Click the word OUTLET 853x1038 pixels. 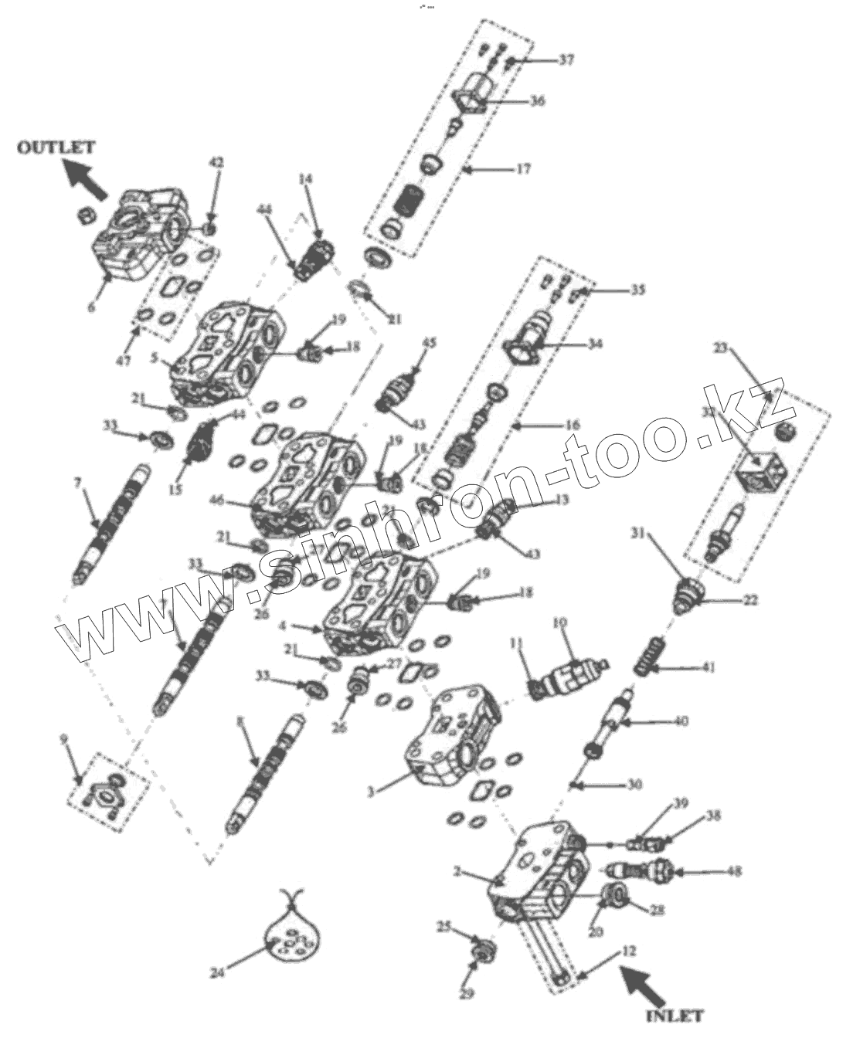(x=56, y=147)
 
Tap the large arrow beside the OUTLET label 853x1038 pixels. (x=86, y=178)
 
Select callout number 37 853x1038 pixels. (x=566, y=59)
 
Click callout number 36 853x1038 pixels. (x=535, y=100)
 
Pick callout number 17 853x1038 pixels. (x=523, y=168)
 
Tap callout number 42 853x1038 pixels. (x=217, y=163)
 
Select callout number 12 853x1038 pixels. (x=628, y=951)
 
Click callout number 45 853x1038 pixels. (x=429, y=343)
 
